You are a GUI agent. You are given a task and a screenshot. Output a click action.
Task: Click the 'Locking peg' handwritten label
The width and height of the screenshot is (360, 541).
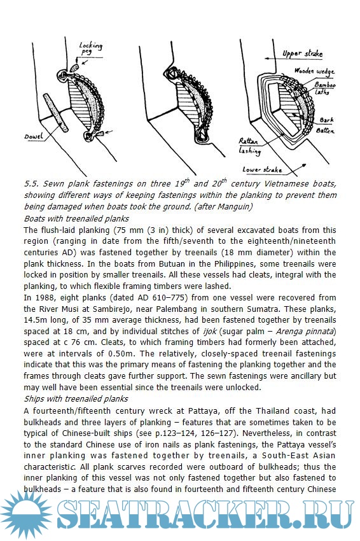click(x=91, y=48)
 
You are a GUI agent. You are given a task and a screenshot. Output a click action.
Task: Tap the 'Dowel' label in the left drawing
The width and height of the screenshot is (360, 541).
click(x=34, y=136)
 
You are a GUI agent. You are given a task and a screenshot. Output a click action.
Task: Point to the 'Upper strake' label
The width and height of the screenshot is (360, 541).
click(x=302, y=53)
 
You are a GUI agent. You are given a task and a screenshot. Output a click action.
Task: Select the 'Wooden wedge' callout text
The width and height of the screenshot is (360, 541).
click(x=314, y=71)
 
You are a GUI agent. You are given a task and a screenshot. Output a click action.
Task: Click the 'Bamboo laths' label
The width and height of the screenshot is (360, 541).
click(x=324, y=88)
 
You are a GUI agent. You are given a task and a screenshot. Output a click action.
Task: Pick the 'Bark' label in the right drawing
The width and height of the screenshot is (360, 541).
click(x=326, y=120)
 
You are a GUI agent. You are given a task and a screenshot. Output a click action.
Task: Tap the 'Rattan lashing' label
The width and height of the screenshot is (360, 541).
click(x=250, y=146)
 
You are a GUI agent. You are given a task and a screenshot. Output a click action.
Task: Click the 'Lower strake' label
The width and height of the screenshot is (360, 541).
click(x=262, y=169)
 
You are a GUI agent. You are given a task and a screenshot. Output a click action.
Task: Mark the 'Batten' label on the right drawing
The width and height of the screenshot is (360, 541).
click(x=325, y=130)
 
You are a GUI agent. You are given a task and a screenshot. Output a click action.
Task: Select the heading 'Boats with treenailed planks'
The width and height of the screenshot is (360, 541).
click(x=76, y=219)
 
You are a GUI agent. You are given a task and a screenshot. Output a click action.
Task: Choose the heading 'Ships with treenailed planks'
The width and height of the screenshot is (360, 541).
click(x=76, y=399)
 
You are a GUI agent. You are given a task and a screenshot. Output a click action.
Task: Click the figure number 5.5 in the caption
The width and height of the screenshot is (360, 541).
click(x=31, y=184)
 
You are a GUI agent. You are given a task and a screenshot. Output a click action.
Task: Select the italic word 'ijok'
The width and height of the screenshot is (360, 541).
click(x=209, y=331)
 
